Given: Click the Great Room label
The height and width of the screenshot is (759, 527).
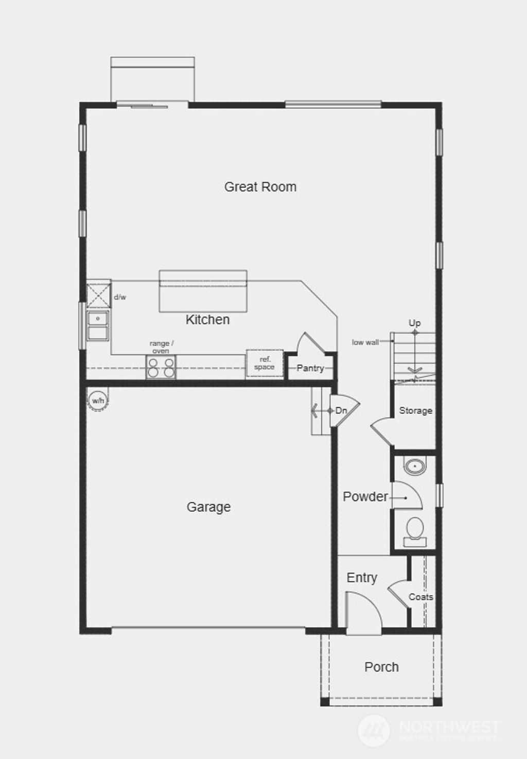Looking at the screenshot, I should pos(260,186).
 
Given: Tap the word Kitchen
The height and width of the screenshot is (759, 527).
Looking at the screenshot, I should pos(207,320).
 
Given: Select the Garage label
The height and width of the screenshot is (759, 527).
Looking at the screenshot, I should pos(208,507).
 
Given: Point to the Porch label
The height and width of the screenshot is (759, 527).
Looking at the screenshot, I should pos(381,667).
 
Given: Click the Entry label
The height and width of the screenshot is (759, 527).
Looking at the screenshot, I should pos(362,578).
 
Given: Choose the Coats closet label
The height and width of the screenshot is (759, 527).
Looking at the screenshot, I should pos(420,597).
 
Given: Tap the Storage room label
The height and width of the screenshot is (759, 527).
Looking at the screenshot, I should pos(415,410).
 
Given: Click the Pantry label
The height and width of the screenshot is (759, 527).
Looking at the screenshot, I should pos(310,368).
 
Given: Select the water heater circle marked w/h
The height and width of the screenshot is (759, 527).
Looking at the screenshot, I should pos(98,400).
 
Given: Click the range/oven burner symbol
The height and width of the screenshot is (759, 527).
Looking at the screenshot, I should pos(161,367).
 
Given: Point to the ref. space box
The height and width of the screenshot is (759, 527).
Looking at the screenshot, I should pos(264,364).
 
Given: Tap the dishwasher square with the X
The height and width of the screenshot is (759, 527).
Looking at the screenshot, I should pos(98,294).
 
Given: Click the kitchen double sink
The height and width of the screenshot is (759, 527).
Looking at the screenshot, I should pos(98,325).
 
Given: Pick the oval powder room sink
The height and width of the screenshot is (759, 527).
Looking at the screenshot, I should pos(414,467).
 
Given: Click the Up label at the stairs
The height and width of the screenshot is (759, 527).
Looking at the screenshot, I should pos(414,323).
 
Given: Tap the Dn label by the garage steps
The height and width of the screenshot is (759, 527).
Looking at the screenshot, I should pos(341,410).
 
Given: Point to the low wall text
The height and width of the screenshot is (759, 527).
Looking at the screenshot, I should pos(365,342).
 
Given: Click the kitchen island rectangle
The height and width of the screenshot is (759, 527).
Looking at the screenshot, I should pos(203,291).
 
